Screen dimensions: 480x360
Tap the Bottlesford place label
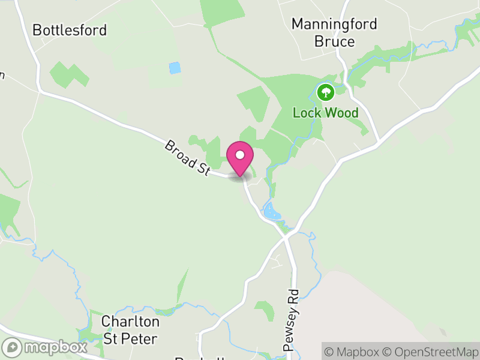click(70, 30)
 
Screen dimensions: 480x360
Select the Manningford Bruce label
click(334, 32)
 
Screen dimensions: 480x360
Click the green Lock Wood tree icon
click(326, 92)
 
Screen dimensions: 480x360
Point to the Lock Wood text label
click(326, 113)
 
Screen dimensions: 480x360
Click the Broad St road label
click(187, 158)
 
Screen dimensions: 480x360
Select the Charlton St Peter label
click(130, 329)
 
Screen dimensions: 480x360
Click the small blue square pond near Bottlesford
click(175, 68)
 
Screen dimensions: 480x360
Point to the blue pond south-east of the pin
click(271, 211)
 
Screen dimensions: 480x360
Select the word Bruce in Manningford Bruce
click(334, 41)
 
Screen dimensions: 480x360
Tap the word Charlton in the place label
click(130, 321)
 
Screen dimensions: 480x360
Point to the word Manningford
click(334, 24)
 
